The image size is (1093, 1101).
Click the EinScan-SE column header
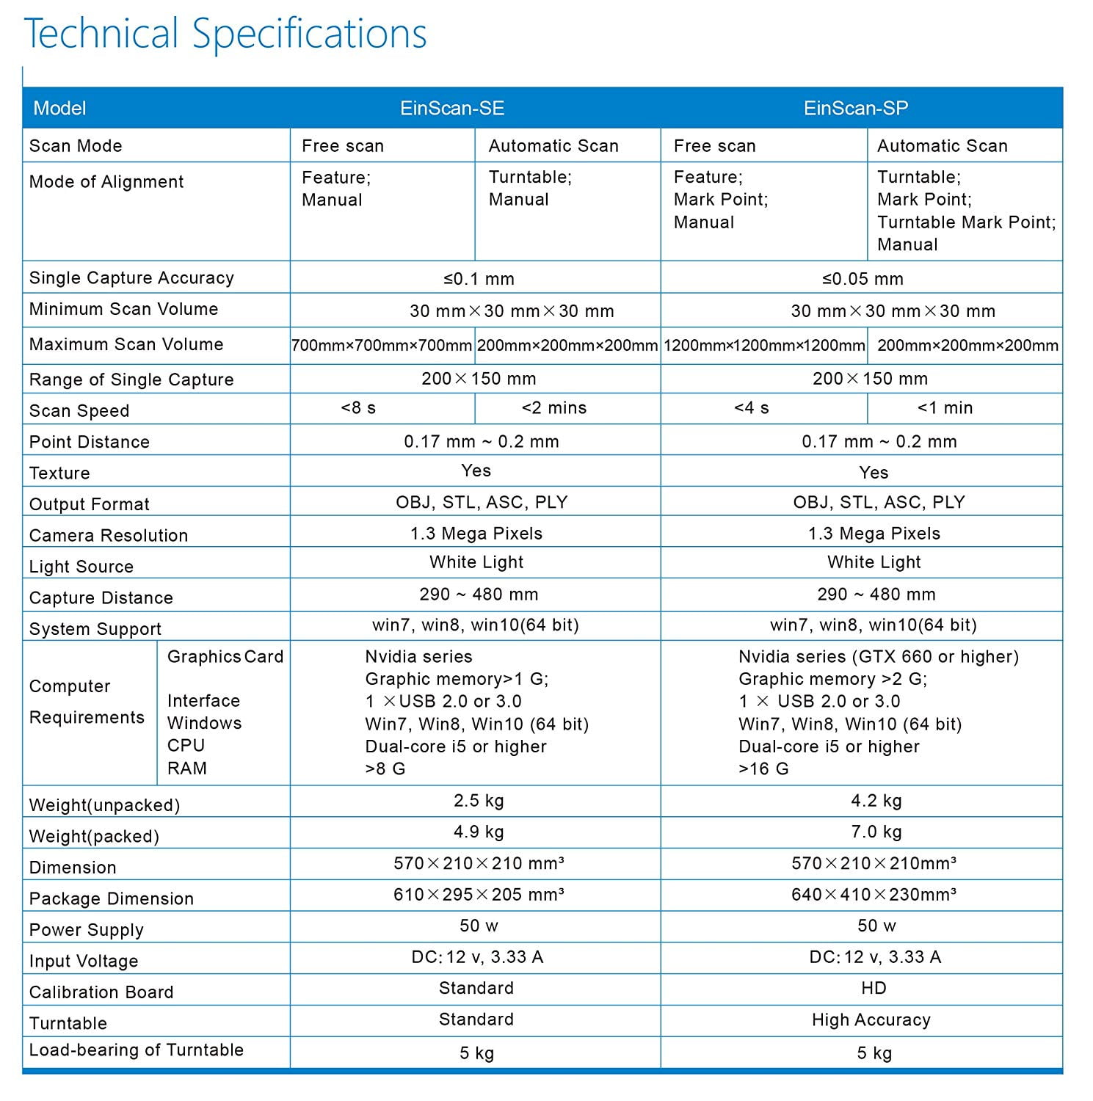pos(452,109)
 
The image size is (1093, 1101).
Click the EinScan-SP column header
pos(856,109)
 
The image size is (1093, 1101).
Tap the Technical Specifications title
pos(225,34)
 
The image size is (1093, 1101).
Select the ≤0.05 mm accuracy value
pos(863,279)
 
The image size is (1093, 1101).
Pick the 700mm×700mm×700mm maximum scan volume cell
pos(382,345)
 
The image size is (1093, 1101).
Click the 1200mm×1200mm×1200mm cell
pos(764,345)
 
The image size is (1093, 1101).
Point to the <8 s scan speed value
pos(358,408)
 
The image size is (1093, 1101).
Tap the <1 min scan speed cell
pos(945,408)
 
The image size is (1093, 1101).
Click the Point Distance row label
pos(90,442)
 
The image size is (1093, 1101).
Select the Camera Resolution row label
pos(109,536)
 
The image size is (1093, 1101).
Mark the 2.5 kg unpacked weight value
pos(479,801)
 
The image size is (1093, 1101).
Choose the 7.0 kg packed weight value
pos(876,832)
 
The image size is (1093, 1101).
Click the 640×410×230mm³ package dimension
pos(874,895)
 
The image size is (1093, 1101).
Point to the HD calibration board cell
pos(874,988)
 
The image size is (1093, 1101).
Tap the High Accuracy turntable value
pos(871,1020)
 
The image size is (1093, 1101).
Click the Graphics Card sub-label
pos(225,657)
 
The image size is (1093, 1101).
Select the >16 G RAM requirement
pos(763,769)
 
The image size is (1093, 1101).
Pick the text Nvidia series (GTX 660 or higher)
pos(879,657)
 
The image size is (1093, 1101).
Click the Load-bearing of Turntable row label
pos(137,1050)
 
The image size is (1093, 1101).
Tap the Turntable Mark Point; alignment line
pos(966,222)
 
